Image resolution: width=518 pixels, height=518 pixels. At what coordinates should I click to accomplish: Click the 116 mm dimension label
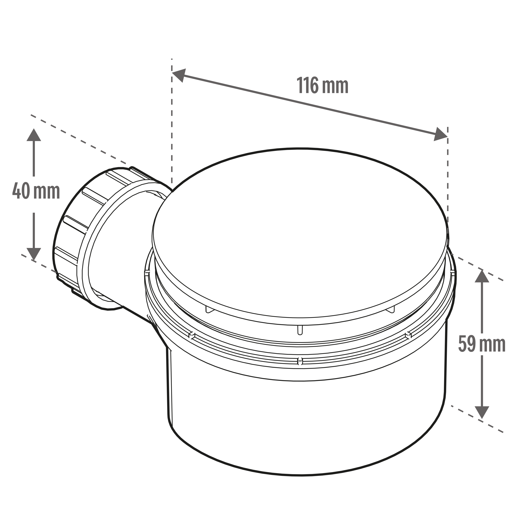click(323, 85)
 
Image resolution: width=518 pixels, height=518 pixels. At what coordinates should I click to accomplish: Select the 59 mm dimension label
click(482, 344)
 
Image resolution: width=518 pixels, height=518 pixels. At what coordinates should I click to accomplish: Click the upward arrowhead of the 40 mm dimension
click(34, 135)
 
